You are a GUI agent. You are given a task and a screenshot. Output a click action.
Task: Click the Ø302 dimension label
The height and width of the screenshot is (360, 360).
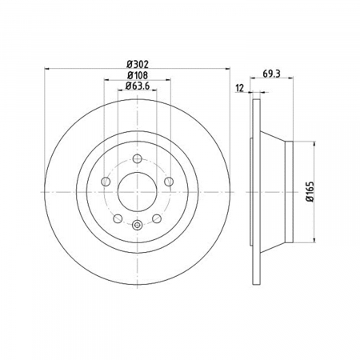click(x=137, y=65)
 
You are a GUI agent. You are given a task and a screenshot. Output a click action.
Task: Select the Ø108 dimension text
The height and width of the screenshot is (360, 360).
click(x=137, y=75)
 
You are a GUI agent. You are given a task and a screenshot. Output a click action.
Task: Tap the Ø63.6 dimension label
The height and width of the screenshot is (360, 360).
click(x=137, y=86)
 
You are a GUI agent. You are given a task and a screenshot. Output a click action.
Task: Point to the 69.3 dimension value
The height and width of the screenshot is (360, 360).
click(x=271, y=74)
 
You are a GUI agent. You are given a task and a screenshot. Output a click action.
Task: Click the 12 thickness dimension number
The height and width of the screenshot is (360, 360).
click(x=240, y=88)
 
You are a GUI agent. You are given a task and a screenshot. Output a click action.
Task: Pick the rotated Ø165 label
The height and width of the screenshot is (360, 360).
click(x=310, y=191)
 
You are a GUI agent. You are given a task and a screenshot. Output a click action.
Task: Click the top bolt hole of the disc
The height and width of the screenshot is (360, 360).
click(x=137, y=159)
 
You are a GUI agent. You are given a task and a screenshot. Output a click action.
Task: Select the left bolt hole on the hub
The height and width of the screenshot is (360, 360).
click(x=106, y=182)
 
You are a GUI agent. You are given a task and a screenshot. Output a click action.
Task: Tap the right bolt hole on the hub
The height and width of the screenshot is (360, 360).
click(x=169, y=182)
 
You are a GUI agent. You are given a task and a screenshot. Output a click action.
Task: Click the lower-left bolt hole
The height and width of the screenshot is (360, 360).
click(x=118, y=218)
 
